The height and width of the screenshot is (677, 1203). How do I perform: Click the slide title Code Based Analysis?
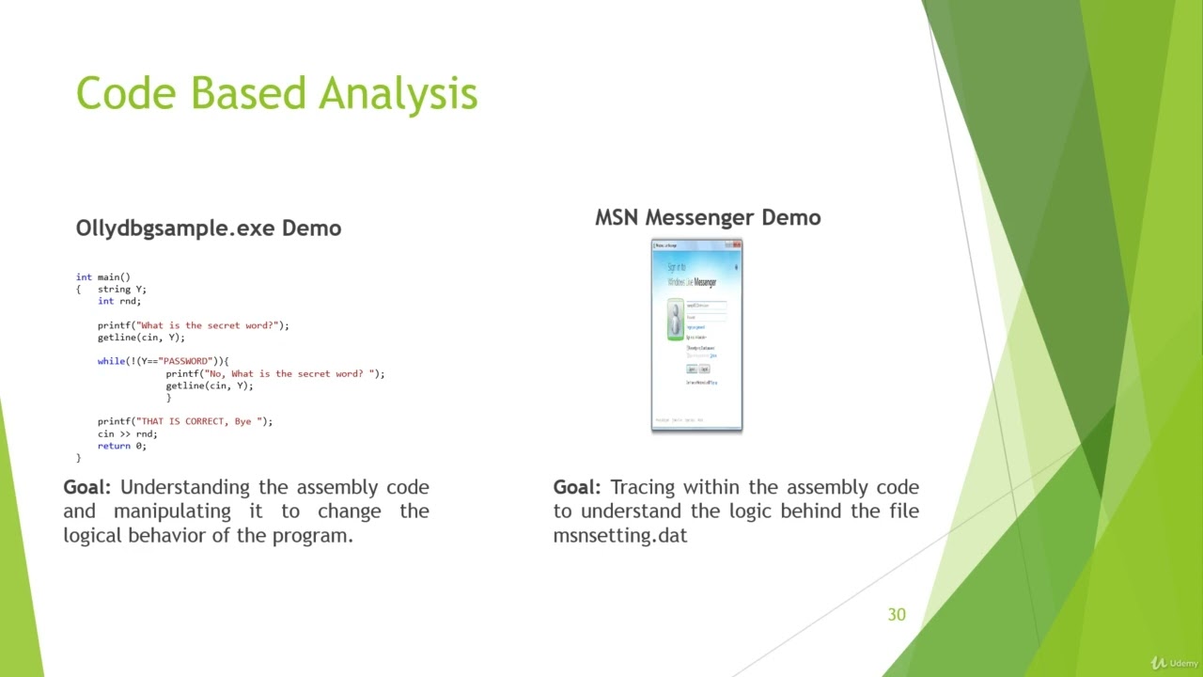(276, 94)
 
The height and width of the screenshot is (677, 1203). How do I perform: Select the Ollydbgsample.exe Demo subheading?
(208, 228)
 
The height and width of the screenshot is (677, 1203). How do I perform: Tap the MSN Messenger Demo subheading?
(707, 217)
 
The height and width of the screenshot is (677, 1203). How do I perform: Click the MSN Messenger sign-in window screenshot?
(696, 336)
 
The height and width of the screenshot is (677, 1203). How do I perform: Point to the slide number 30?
(896, 615)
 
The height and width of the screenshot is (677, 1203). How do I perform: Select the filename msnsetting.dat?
(619, 536)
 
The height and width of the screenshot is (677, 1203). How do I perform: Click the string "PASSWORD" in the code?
(185, 361)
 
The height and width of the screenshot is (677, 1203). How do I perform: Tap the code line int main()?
(103, 277)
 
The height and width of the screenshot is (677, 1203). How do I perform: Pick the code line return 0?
(121, 446)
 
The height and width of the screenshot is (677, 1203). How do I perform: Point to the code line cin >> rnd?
(127, 433)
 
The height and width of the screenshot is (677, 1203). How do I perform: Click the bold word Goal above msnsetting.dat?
(576, 487)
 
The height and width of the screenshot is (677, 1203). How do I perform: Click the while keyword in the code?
(111, 361)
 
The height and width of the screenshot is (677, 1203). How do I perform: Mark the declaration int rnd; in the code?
(118, 302)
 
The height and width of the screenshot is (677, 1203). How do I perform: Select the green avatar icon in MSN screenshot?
(675, 319)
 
